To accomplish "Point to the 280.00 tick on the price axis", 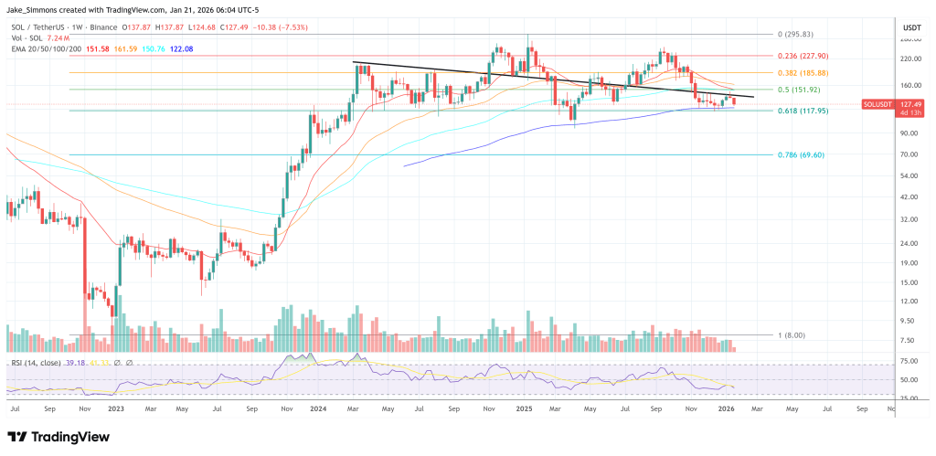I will (909, 39).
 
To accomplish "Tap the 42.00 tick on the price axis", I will (909, 196).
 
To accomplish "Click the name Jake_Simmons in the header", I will (31, 8).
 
